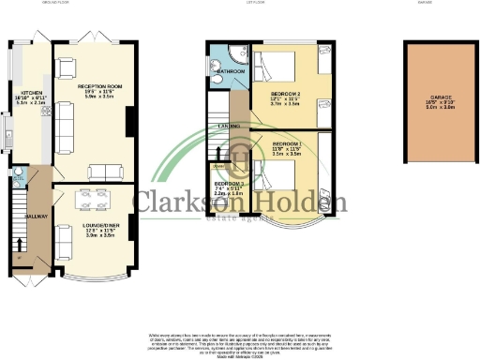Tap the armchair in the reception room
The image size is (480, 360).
66,67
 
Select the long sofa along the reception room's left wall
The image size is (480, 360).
64,121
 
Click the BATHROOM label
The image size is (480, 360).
232,71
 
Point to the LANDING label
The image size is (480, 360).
228,125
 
